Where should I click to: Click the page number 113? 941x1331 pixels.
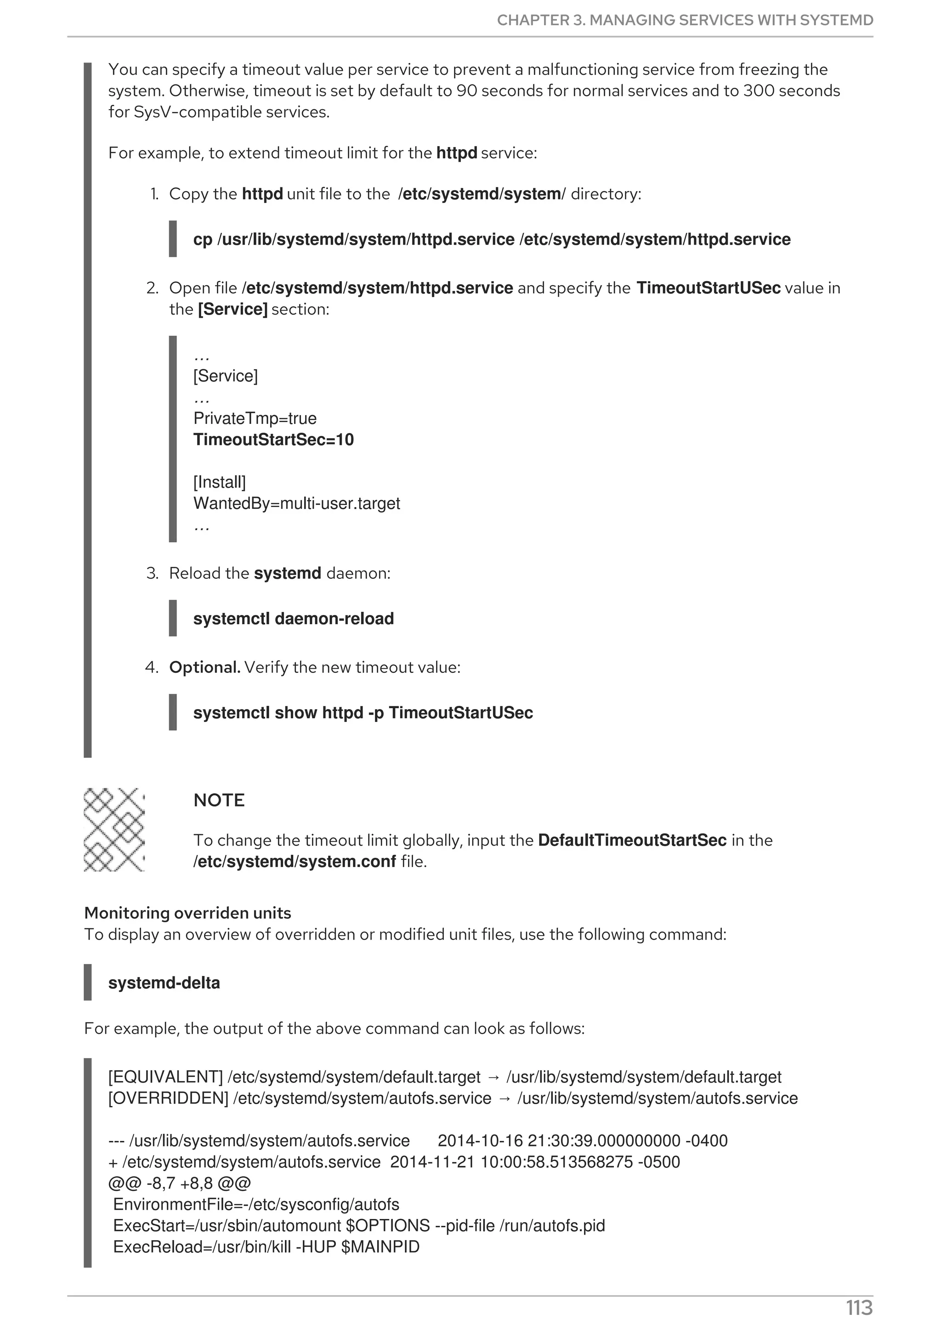[859, 1308]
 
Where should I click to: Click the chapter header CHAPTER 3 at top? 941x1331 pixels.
[684, 20]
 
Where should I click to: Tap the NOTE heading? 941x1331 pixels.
[219, 800]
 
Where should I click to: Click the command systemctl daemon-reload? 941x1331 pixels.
[294, 619]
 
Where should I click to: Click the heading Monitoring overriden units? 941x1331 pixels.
[187, 913]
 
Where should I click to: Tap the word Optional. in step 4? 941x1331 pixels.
[204, 667]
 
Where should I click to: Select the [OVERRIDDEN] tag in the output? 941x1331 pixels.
[168, 1098]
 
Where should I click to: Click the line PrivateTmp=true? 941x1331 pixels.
[255, 418]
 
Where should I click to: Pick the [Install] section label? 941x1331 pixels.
[219, 482]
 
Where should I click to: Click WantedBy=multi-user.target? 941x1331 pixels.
[296, 503]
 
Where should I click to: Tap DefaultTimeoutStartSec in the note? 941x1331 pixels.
[632, 840]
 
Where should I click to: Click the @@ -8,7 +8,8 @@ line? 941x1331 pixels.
[179, 1183]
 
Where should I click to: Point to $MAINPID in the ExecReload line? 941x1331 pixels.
[380, 1246]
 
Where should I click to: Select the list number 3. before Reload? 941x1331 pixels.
[152, 573]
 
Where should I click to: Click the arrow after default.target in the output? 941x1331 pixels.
[493, 1077]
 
